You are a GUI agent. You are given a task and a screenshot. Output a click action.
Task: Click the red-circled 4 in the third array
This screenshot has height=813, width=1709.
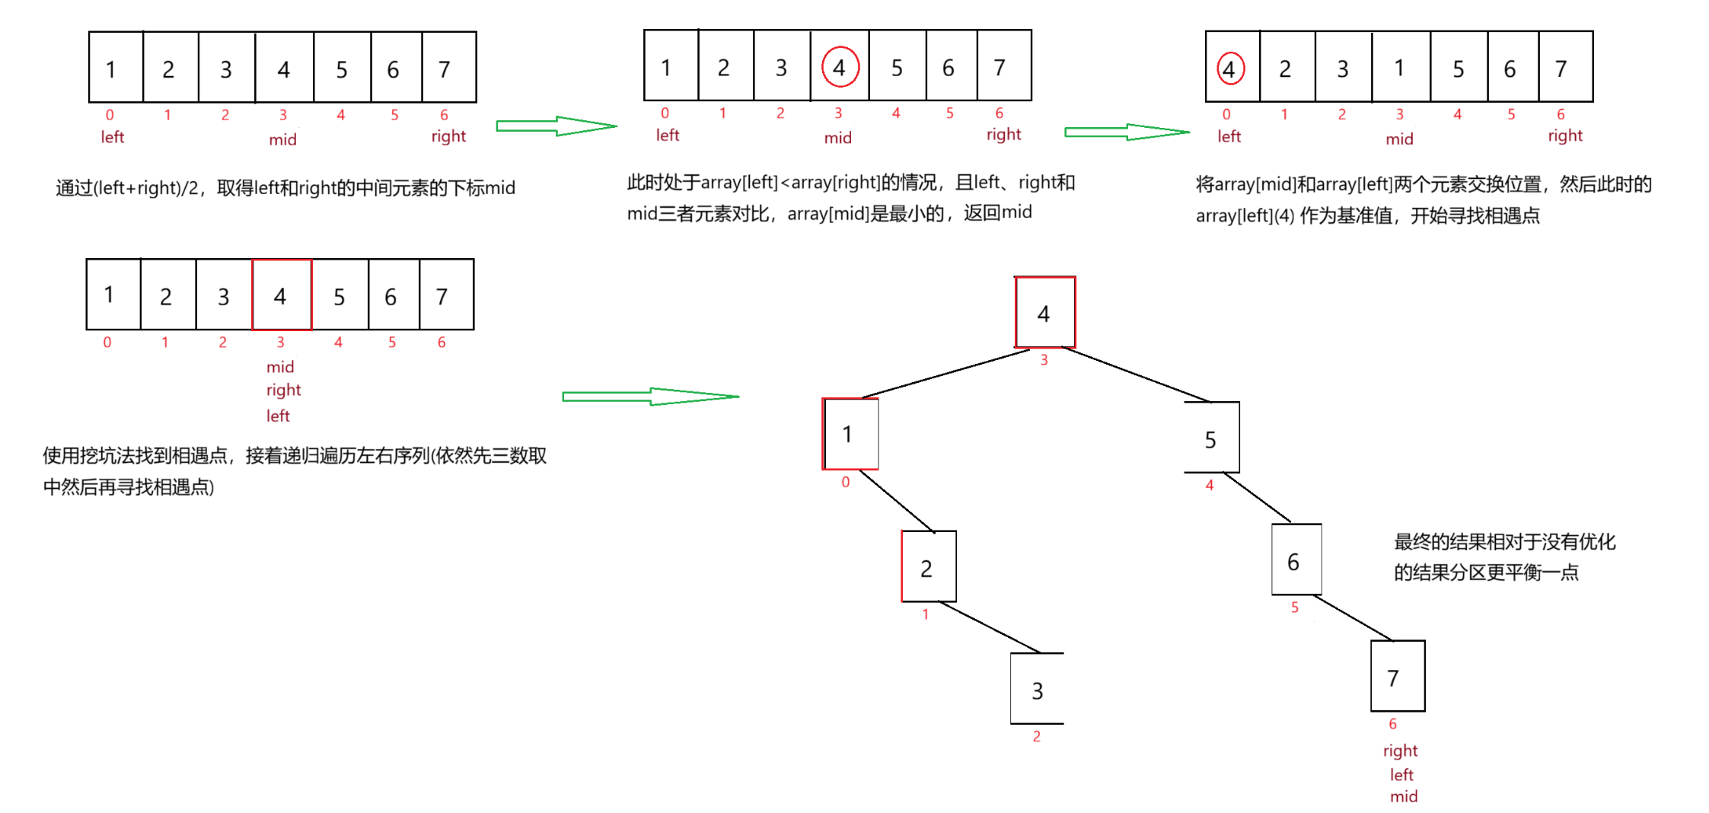pyautogui.click(x=1229, y=69)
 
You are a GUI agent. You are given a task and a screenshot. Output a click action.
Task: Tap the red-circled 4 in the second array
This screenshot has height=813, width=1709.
pyautogui.click(x=840, y=67)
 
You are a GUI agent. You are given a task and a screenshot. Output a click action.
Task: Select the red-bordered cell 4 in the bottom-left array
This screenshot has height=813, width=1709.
pyautogui.click(x=281, y=295)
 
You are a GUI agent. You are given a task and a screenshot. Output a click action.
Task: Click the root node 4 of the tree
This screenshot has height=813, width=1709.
pyautogui.click(x=1044, y=313)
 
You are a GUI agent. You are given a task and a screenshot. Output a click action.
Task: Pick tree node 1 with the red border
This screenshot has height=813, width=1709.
pyautogui.click(x=850, y=434)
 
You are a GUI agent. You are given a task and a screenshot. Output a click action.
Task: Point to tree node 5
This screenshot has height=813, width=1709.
pyautogui.click(x=1211, y=438)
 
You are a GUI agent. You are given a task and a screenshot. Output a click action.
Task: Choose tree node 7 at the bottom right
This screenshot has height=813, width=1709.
pyautogui.click(x=1396, y=677)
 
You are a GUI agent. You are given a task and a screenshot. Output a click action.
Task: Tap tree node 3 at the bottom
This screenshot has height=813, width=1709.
pyautogui.click(x=1037, y=690)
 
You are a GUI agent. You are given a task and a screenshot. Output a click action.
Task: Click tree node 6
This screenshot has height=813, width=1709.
pyautogui.click(x=1295, y=561)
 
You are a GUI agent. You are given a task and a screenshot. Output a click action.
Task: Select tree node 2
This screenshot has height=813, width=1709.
pyautogui.click(x=928, y=567)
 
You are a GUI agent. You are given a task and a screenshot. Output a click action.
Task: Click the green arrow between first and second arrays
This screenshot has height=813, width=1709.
pyautogui.click(x=556, y=126)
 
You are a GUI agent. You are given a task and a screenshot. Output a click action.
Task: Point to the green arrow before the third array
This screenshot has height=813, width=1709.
pyautogui.click(x=1126, y=132)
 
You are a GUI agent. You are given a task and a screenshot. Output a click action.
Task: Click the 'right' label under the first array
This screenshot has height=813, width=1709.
pyautogui.click(x=448, y=136)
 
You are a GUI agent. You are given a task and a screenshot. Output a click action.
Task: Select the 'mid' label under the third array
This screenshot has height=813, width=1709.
pyautogui.click(x=1399, y=139)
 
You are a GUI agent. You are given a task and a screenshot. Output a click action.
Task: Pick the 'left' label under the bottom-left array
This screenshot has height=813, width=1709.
pyautogui.click(x=278, y=416)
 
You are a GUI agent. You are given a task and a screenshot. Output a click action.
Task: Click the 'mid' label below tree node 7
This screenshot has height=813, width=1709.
pyautogui.click(x=1404, y=796)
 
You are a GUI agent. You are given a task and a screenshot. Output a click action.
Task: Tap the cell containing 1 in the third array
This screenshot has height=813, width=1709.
pyautogui.click(x=1400, y=68)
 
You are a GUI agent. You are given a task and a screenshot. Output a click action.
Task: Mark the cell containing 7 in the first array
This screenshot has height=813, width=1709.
pyautogui.click(x=448, y=69)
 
